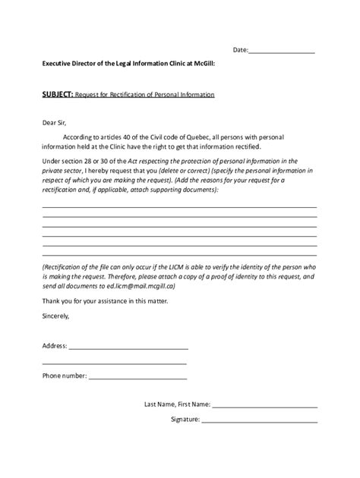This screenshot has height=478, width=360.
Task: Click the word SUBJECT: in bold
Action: click(x=57, y=95)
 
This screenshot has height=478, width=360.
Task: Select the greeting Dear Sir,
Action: click(x=55, y=121)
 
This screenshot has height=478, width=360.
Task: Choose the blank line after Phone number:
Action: click(x=137, y=377)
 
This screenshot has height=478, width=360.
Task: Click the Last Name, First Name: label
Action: click(x=178, y=404)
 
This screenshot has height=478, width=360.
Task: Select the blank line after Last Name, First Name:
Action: click(x=265, y=406)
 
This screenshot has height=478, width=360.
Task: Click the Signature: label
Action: click(x=185, y=419)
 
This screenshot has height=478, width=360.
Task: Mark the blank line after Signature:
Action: click(x=260, y=420)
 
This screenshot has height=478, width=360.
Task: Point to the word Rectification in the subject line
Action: click(x=139, y=95)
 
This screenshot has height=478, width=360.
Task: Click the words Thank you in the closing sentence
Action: click(x=56, y=301)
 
